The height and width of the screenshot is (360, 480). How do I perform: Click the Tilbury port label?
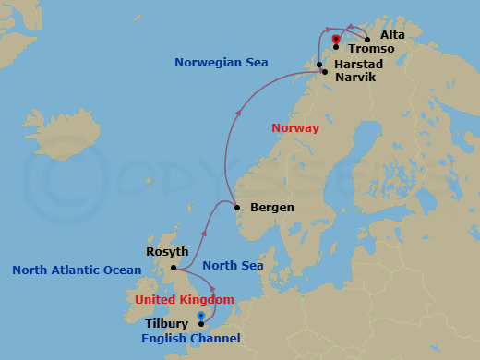[x=168, y=324]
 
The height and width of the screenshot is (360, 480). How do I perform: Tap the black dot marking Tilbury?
[x=200, y=324]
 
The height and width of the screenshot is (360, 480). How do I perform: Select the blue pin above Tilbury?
[x=200, y=317]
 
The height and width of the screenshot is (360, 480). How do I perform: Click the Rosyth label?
[x=167, y=251]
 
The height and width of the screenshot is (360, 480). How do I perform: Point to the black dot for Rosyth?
[x=174, y=268]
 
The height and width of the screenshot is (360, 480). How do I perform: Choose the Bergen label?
[x=271, y=207]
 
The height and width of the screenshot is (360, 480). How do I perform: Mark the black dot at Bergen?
[x=237, y=207]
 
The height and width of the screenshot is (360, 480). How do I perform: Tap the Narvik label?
[x=354, y=78]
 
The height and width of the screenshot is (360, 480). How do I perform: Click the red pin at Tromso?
[x=335, y=39]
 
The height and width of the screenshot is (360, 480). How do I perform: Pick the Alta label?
[x=392, y=34]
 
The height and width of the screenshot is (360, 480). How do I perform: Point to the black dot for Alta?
[x=366, y=40]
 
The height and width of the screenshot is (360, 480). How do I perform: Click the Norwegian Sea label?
[x=222, y=63]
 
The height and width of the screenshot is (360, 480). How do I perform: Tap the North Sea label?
[x=233, y=266]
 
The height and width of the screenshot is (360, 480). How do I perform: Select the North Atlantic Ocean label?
[x=77, y=270]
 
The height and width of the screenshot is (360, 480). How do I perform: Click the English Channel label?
[x=190, y=339]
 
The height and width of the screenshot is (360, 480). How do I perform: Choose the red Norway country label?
[x=295, y=127]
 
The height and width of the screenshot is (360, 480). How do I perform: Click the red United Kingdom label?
[x=184, y=300]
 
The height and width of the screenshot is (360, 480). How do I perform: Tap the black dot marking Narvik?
[x=323, y=72]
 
